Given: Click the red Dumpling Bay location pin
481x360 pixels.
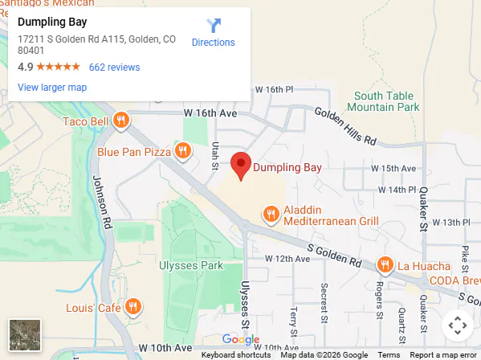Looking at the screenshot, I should click(241, 165).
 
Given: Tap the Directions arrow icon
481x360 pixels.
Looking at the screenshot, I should click(213, 26).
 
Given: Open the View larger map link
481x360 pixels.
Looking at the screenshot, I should click(51, 88).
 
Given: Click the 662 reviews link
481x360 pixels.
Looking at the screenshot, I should click(114, 67).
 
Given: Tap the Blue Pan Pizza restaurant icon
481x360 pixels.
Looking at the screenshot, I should click(183, 150).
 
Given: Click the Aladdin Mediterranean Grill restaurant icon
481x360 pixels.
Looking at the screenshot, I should click(271, 213).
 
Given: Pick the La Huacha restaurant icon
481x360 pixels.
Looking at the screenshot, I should click(385, 264).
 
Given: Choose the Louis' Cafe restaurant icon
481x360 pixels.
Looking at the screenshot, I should click(133, 307).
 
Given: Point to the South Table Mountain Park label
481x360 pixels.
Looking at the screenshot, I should click(386, 101).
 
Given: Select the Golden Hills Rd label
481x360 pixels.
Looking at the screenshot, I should click(345, 127).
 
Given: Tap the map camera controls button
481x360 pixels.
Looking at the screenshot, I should click(457, 325).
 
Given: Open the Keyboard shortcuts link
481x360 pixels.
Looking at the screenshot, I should click(236, 355).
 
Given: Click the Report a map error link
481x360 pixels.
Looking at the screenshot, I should click(442, 355).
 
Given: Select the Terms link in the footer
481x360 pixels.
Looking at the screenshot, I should click(389, 355).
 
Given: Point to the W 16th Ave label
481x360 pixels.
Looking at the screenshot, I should click(210, 113).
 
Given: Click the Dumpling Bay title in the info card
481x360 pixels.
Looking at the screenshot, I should click(52, 22).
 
